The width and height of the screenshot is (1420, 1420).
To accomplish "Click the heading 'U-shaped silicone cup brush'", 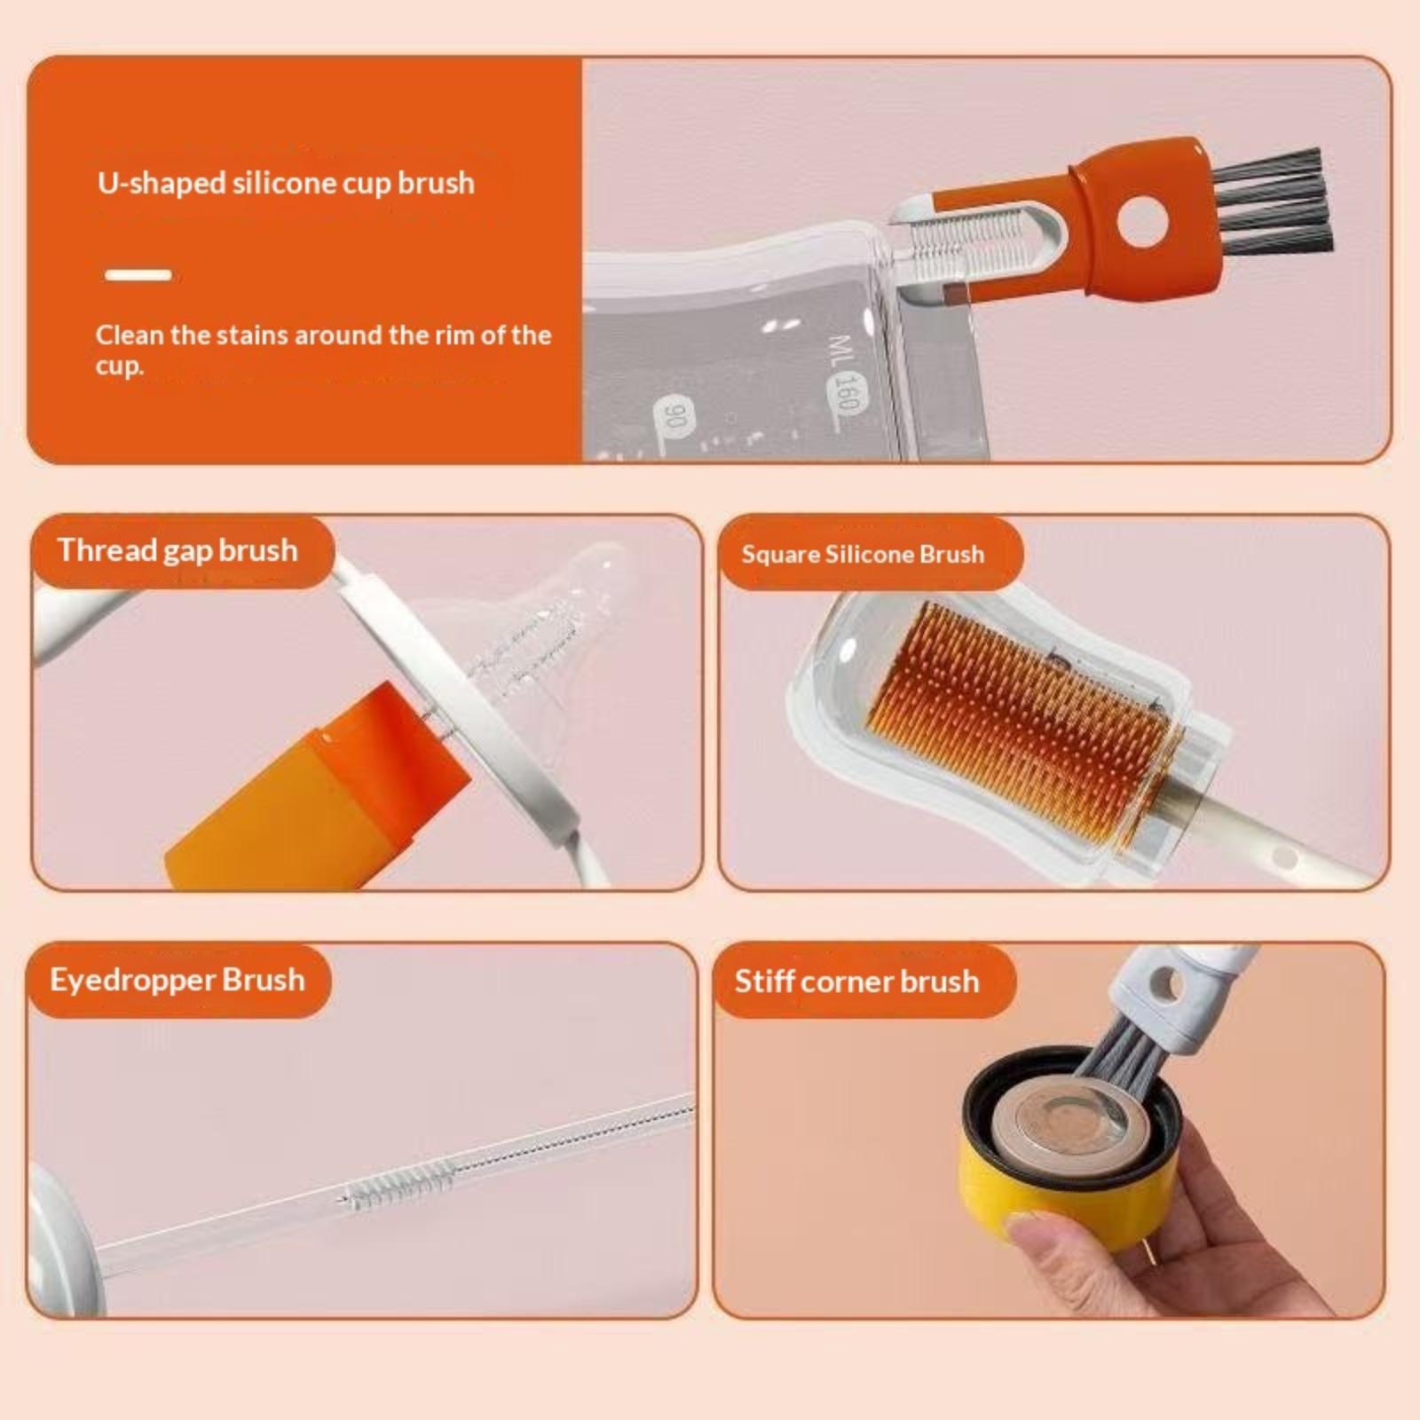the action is [286, 183].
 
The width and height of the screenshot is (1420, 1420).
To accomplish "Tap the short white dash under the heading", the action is [138, 275].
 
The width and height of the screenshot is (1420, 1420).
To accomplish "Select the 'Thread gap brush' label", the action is [177, 550].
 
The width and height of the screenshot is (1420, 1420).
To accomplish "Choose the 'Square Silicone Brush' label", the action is [863, 555].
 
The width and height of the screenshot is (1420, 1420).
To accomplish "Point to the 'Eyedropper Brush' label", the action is [177, 980].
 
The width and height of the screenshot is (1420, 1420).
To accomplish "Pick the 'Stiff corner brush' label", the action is [856, 982].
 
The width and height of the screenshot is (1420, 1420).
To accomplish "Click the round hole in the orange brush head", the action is [1145, 222].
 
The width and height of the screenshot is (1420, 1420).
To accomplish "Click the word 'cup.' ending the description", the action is [119, 366].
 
